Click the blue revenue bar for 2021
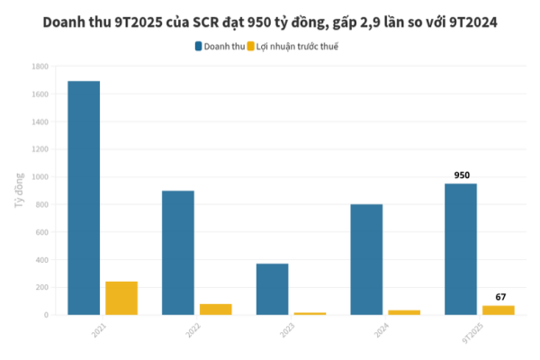pos(84,198)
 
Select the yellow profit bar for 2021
pos(121,298)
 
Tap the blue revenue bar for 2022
pos(178,253)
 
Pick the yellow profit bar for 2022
pos(216,309)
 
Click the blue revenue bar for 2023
pos(272,289)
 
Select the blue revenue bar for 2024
pos(366,259)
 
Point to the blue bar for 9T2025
pos(461,249)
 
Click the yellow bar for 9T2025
pos(499,310)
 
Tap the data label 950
pos(462,175)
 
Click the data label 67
pos(500,297)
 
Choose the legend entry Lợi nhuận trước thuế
pos(298,45)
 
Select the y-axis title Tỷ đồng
pos(19,189)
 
